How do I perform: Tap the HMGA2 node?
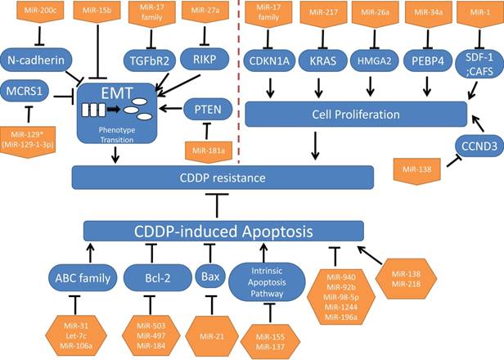tap(373, 58)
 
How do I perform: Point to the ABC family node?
tap(82, 277)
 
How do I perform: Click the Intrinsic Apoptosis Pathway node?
tap(271, 277)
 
